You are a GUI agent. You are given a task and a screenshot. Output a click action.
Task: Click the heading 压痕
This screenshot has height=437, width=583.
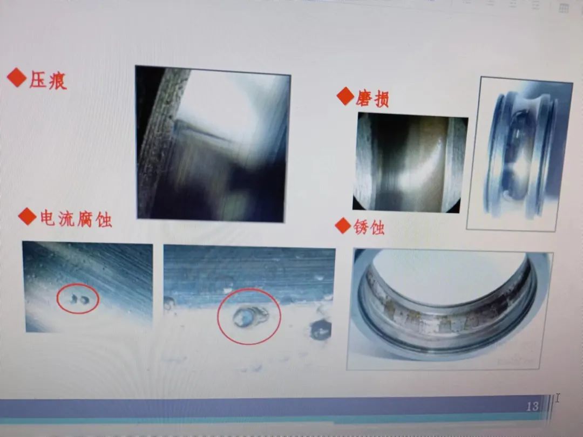coord(48,80)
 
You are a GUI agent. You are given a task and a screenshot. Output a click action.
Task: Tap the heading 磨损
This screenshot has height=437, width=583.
coord(372,99)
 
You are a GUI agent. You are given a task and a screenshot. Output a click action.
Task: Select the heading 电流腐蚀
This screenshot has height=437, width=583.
coord(76,218)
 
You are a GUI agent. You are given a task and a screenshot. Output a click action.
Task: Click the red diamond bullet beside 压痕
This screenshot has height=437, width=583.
coord(17,77)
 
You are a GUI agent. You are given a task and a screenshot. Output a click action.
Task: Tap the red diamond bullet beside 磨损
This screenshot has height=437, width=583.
coord(345,96)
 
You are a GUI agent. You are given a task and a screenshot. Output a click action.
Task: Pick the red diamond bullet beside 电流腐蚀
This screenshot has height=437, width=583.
coord(27,216)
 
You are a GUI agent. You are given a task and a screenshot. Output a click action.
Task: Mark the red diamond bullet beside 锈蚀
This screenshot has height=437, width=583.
coord(343,225)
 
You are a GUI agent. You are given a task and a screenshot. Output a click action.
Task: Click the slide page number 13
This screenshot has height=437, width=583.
coord(532,406)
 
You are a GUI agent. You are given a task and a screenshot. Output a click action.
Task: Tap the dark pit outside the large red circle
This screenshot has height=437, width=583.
coord(320,330)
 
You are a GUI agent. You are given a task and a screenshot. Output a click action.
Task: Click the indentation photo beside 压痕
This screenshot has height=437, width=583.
coord(212,144)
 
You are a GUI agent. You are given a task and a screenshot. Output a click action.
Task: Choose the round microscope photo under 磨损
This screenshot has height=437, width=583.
coord(410,162)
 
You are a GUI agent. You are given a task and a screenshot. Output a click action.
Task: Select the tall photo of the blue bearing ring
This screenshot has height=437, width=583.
coord(519,154)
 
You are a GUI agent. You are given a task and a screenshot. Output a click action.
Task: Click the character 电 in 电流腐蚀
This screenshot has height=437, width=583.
coord(48,218)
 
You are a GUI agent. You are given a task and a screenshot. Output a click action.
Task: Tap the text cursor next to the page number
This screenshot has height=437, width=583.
coord(557,398)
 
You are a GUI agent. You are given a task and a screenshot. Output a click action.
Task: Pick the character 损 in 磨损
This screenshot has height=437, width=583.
coord(381,99)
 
